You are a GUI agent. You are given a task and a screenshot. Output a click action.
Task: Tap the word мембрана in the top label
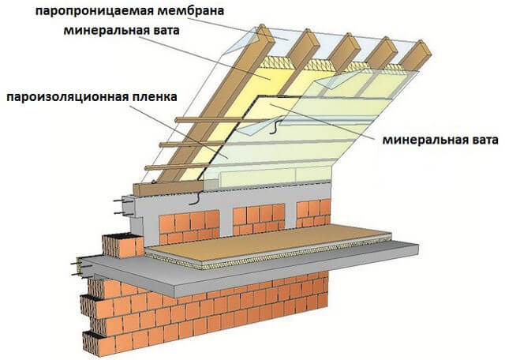[191, 10]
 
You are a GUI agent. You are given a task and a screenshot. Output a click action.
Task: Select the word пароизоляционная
[67, 97]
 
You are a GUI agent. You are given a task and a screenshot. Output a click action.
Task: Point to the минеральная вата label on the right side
[440, 141]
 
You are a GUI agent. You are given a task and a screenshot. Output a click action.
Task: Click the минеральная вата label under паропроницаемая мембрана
[122, 31]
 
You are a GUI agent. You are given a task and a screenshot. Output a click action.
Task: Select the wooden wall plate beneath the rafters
[168, 188]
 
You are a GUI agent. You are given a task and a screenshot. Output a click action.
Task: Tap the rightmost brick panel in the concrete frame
[313, 213]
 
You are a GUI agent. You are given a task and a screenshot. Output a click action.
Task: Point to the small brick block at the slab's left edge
[123, 246]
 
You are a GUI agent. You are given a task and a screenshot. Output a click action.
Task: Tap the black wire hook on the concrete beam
[196, 198]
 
